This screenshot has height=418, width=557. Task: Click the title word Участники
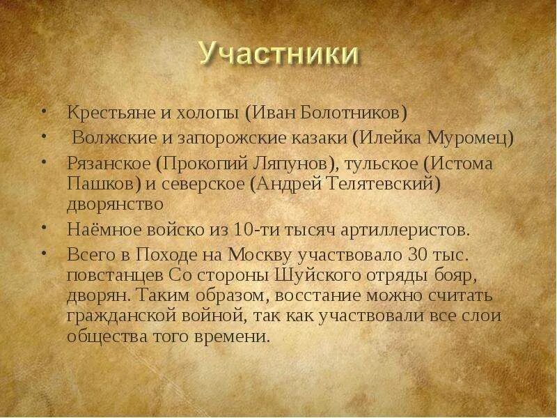(278, 54)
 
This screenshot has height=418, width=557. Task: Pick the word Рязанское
(109, 164)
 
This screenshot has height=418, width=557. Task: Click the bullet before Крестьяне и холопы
(45, 111)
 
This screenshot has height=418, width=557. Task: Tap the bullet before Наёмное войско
(45, 229)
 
